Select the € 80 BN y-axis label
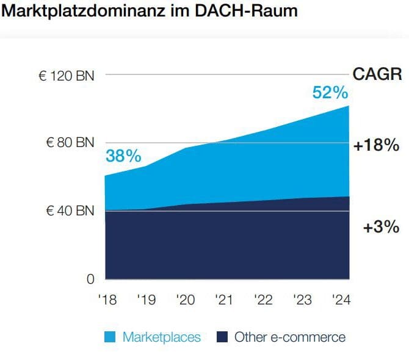pyautogui.click(x=70, y=143)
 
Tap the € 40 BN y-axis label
pyautogui.click(x=70, y=211)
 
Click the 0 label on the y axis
pyautogui.click(x=91, y=279)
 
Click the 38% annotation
pyautogui.click(x=123, y=156)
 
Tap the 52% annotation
pyautogui.click(x=330, y=93)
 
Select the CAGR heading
pyautogui.click(x=377, y=75)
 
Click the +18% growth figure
pyautogui.click(x=376, y=146)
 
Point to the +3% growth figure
pyautogui.click(x=381, y=228)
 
